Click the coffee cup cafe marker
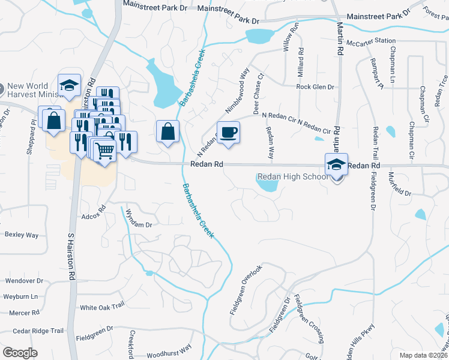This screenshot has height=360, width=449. [229, 132]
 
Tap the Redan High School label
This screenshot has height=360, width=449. [292, 176]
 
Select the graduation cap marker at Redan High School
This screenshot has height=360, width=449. [336, 164]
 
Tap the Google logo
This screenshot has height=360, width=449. [20, 352]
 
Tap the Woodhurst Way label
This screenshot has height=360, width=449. [169, 347]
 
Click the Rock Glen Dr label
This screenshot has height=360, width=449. [315, 87]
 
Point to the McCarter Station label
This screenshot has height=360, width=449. [375, 41]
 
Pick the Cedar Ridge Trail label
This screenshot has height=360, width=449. [38, 331]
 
